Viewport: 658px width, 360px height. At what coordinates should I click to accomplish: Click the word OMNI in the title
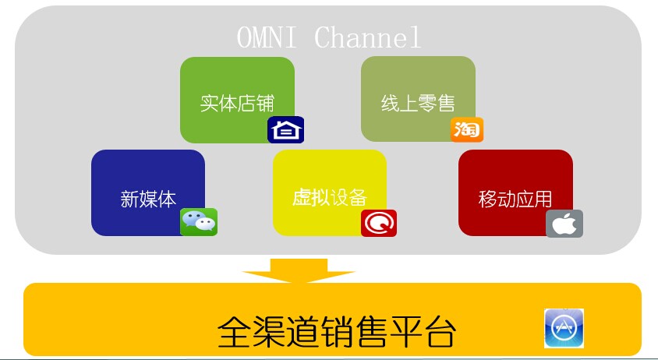pos(267,37)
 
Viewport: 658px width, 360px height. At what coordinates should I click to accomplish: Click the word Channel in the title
pos(367,37)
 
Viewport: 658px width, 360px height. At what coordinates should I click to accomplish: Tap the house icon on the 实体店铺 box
pos(286,130)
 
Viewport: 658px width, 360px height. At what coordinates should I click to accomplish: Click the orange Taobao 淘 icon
pos(467,129)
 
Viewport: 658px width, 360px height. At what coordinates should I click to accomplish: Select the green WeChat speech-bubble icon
pos(199,222)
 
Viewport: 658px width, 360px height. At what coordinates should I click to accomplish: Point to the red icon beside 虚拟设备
pos(379,223)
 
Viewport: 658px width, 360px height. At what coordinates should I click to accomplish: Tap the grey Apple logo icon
pos(564,224)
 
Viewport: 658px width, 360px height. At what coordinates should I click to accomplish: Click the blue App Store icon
pos(564,328)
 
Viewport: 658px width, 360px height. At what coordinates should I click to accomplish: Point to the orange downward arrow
pos(299,270)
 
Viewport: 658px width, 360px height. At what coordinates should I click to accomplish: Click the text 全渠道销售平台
pos(336,332)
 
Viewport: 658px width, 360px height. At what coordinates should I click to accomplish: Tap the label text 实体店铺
pos(237,104)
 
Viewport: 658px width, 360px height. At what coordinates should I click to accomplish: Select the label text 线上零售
pos(418,104)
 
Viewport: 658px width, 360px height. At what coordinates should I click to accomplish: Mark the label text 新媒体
pos(148,199)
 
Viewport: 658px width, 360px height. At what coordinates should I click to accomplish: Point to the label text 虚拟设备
pos(329,197)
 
